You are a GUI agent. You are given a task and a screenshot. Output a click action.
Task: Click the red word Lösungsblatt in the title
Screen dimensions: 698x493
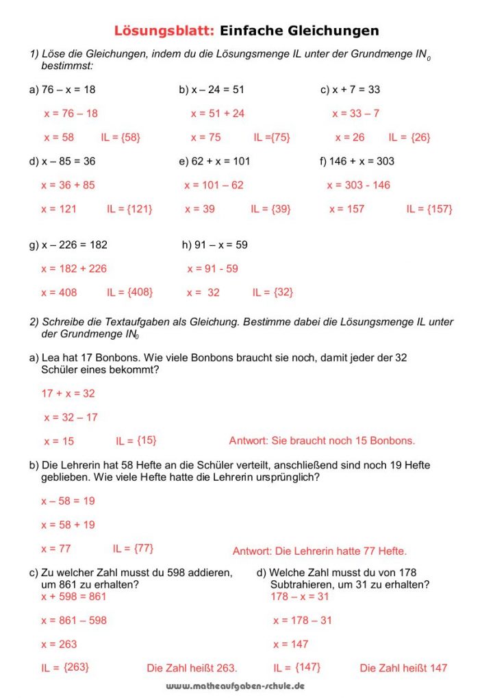click(x=164, y=31)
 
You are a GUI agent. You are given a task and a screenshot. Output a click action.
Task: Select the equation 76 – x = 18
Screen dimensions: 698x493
click(x=62, y=90)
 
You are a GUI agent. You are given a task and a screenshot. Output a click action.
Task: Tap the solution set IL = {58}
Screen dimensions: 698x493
click(x=121, y=137)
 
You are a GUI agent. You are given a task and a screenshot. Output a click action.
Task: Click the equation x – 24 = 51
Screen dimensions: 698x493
click(x=212, y=90)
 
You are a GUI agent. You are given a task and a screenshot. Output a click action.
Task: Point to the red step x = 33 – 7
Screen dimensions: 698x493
click(x=355, y=114)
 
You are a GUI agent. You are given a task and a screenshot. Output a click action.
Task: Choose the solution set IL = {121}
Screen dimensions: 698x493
click(x=129, y=209)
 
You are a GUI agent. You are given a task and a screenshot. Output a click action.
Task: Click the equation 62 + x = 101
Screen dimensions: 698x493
click(x=214, y=162)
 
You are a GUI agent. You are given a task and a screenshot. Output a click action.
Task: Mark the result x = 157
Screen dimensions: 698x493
click(x=347, y=209)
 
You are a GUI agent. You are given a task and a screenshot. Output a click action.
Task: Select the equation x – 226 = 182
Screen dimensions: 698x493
click(x=68, y=245)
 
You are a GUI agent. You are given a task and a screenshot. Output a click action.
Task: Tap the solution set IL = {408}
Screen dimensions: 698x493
click(x=129, y=292)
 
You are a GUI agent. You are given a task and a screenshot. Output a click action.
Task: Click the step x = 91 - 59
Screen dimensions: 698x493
click(x=212, y=269)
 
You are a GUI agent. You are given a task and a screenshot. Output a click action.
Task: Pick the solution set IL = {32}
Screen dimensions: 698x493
click(x=273, y=292)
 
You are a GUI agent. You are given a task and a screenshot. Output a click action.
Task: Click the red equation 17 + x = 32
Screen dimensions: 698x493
click(x=68, y=393)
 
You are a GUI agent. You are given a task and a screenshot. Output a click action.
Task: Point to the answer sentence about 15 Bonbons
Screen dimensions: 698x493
click(x=322, y=440)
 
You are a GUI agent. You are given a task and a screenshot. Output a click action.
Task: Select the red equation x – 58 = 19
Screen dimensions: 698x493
click(x=68, y=501)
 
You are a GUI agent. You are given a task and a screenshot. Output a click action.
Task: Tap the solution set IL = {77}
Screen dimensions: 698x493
click(x=133, y=548)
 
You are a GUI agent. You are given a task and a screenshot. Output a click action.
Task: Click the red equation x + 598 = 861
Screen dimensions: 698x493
click(x=73, y=597)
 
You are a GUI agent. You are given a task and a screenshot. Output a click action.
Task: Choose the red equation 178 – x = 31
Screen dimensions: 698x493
click(x=300, y=597)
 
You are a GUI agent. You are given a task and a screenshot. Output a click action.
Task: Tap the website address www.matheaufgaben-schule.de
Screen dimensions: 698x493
click(x=235, y=686)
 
